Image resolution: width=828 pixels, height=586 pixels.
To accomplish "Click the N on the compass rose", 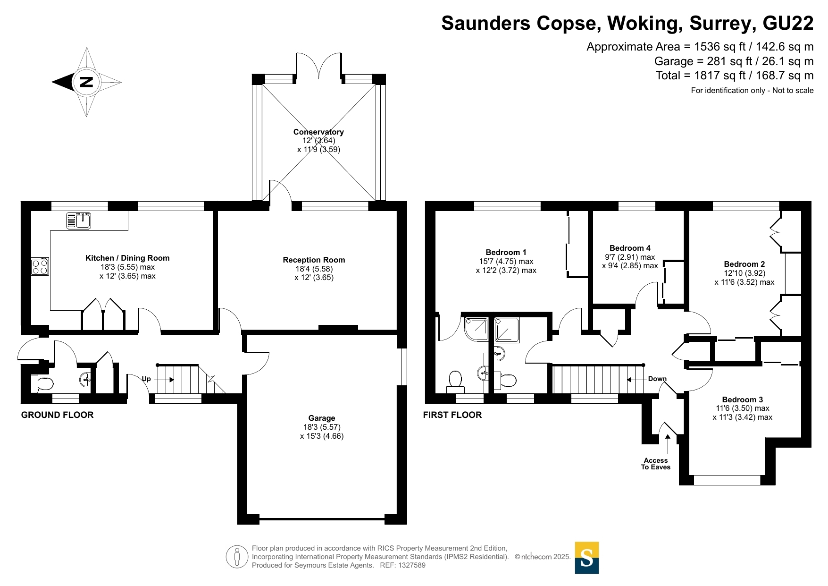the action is (86, 82).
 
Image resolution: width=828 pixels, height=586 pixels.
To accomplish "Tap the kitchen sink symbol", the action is (79, 221).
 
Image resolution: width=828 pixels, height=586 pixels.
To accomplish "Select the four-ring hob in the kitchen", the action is (40, 267).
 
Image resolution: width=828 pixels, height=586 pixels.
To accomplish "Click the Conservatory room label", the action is (318, 132).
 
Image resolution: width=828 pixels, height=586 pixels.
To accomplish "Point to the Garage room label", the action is (322, 418).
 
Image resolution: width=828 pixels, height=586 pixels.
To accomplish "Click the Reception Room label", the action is (314, 260).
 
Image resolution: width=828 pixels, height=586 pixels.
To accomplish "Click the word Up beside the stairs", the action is (146, 379).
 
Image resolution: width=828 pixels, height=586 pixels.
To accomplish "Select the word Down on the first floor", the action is (657, 379).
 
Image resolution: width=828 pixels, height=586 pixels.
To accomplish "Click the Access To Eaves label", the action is (656, 464).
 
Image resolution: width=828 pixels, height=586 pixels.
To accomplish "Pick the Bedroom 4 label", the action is (630, 248).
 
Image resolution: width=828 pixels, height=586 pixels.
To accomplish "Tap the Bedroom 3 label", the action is (743, 399).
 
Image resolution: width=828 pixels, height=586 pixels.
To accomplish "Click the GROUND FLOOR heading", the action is (58, 415).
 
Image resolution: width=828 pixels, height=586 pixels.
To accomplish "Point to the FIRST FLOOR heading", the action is (452, 415).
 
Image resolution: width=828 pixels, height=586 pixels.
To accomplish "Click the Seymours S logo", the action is (587, 558).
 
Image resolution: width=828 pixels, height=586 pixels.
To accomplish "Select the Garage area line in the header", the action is (734, 61).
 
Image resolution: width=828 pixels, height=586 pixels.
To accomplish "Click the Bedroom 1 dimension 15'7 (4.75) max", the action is (506, 261).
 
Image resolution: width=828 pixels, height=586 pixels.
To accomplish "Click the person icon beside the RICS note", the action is (237, 557).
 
